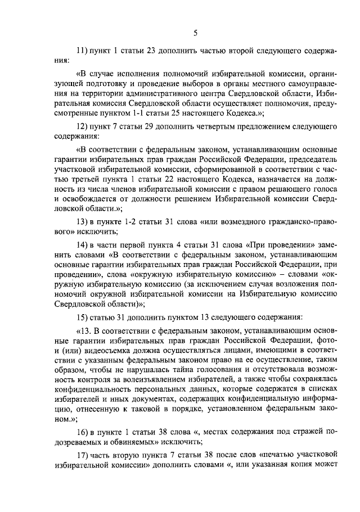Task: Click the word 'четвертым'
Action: pos(214,126)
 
